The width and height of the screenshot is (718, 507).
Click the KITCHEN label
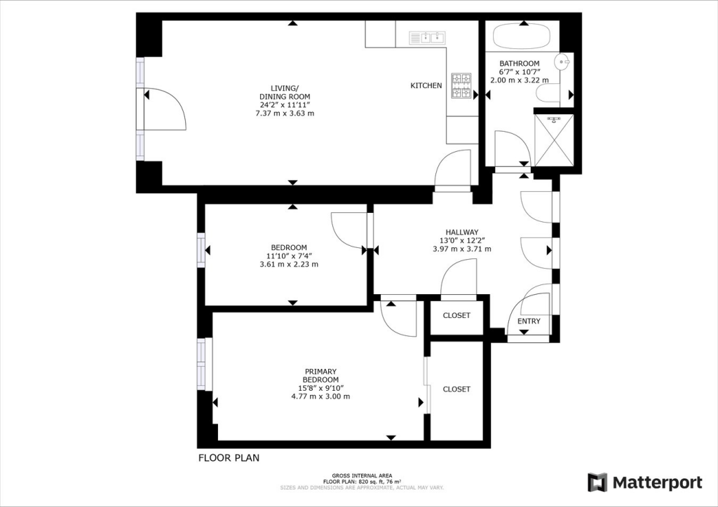(426, 85)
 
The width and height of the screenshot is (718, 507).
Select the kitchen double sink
(428, 38)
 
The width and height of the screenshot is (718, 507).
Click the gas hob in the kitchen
(461, 85)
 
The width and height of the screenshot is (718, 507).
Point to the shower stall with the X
(554, 140)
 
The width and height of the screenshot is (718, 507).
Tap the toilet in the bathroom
(548, 94)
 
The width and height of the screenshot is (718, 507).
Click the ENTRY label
(529, 321)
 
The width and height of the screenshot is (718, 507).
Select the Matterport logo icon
(597, 482)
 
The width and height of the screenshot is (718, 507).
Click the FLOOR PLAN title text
(229, 457)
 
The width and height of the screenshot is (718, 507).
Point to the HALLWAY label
(462, 232)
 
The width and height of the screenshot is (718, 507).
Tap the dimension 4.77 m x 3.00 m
(320, 396)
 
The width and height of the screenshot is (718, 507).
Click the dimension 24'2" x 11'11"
(285, 105)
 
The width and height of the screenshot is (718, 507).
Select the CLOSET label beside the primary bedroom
(456, 389)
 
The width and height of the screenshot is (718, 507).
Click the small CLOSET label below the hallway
(456, 315)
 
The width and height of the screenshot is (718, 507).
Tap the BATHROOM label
(520, 64)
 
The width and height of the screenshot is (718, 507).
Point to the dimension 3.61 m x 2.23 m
(289, 264)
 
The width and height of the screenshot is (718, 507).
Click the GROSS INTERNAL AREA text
(363, 475)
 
